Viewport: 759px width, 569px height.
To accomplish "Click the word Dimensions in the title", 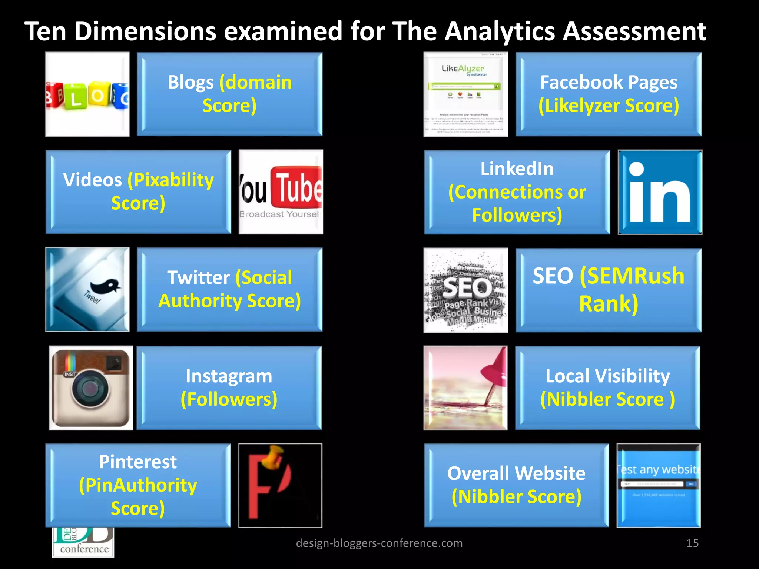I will [145, 31].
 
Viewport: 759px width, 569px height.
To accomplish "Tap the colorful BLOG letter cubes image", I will [87, 94].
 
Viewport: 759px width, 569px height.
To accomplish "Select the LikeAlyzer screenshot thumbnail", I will [465, 94].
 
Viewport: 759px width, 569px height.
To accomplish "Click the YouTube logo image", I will [281, 192].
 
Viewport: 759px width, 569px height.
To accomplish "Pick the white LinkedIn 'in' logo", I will [660, 193].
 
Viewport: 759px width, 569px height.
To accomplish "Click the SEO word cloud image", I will [465, 290].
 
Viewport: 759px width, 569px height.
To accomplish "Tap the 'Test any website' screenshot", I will [659, 485].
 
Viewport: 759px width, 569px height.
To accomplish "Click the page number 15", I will [692, 543].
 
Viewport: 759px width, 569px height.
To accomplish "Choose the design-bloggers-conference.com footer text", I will [379, 543].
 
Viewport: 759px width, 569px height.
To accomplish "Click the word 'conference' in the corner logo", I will [84, 549].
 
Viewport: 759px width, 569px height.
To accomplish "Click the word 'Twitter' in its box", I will [199, 277].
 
